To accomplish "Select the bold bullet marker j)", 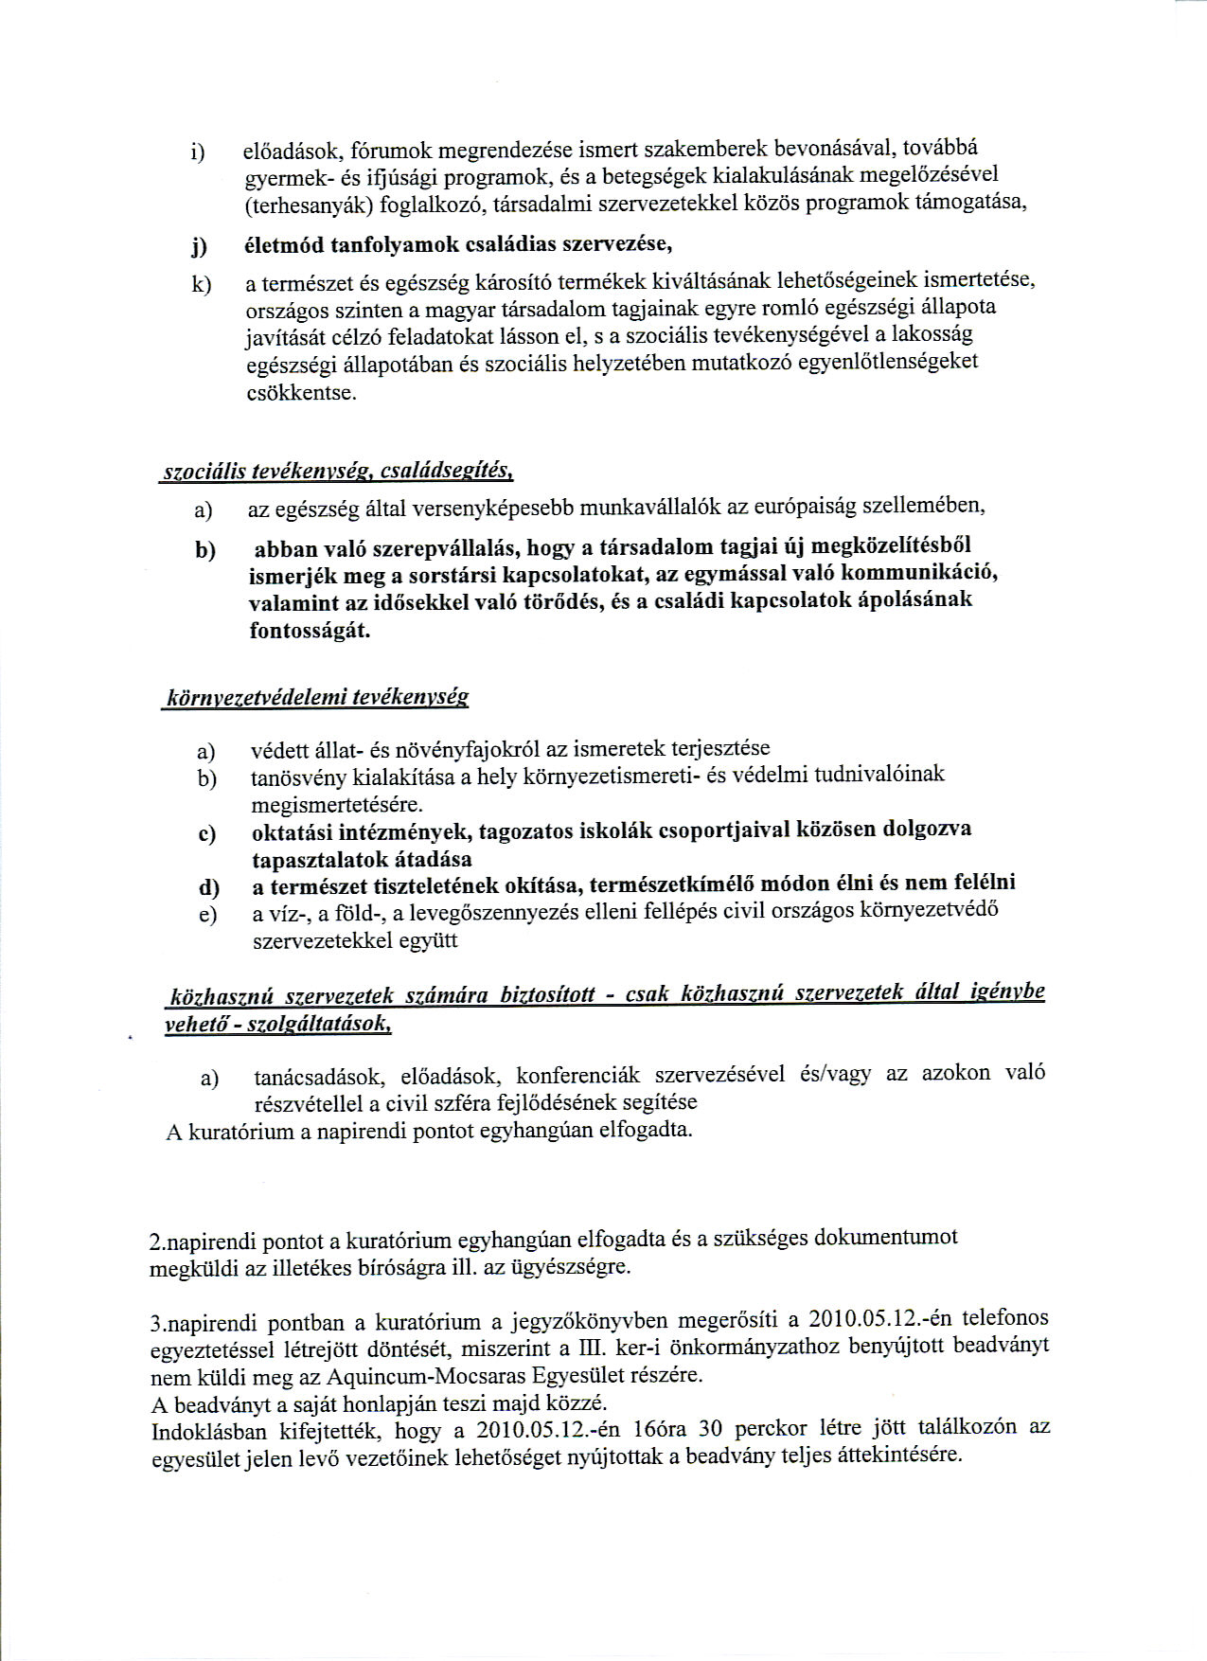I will [x=199, y=248].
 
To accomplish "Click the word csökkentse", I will [x=301, y=392].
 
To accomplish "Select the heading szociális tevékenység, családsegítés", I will [x=338, y=472].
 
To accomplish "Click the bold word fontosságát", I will [x=310, y=631].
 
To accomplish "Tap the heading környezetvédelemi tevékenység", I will [x=317, y=699].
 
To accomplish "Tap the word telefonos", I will [x=1004, y=1317].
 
